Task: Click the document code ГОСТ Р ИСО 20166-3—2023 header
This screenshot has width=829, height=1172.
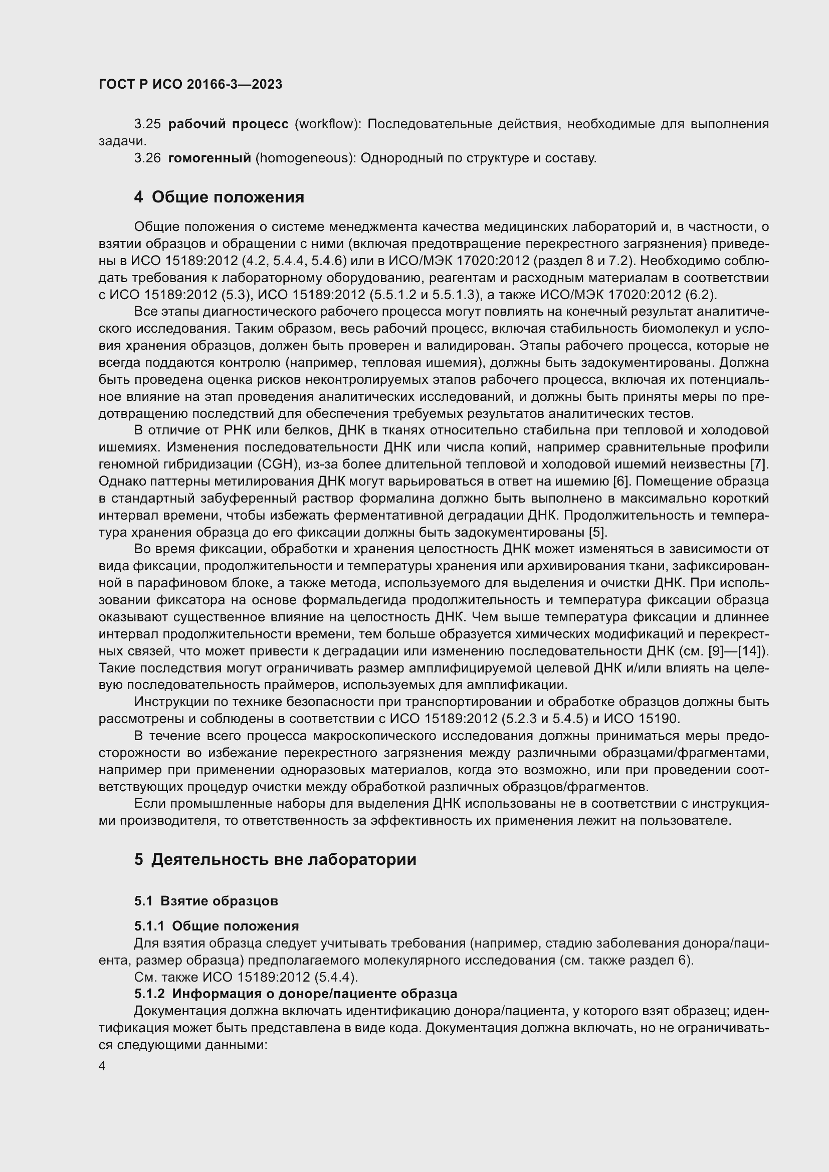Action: click(x=190, y=85)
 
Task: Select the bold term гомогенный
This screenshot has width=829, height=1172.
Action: click(x=209, y=158)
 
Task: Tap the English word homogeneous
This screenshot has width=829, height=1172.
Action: click(x=305, y=158)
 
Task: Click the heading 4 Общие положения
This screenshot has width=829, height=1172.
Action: click(x=219, y=197)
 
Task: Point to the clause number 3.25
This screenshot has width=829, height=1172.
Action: click(x=147, y=124)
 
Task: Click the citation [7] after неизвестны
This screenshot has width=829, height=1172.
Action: click(x=759, y=464)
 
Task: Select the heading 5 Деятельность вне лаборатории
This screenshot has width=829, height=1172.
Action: click(x=275, y=860)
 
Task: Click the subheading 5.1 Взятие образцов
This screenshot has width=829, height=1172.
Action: click(x=205, y=901)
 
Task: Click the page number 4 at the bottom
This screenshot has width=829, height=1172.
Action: click(x=102, y=1067)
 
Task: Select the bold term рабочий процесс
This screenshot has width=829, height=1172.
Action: click(x=228, y=124)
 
